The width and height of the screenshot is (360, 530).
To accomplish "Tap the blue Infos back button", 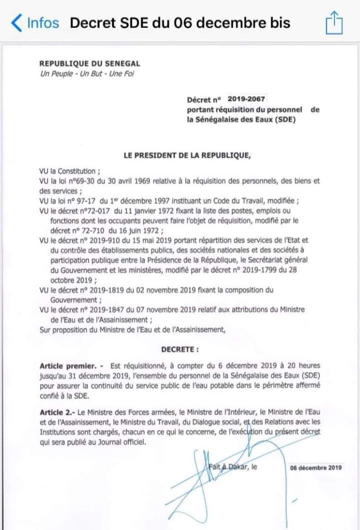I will [x=35, y=23].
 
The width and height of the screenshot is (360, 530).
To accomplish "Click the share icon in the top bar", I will [x=334, y=23].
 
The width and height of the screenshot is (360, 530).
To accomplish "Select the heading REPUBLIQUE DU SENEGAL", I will [x=90, y=64].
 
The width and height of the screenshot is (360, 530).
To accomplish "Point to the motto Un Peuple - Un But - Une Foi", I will [x=87, y=73].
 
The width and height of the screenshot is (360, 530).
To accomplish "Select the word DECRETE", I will [x=180, y=350].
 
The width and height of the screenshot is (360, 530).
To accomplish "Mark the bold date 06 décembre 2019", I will [x=316, y=468].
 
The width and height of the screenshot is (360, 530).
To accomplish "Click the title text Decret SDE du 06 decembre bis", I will [x=180, y=23].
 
